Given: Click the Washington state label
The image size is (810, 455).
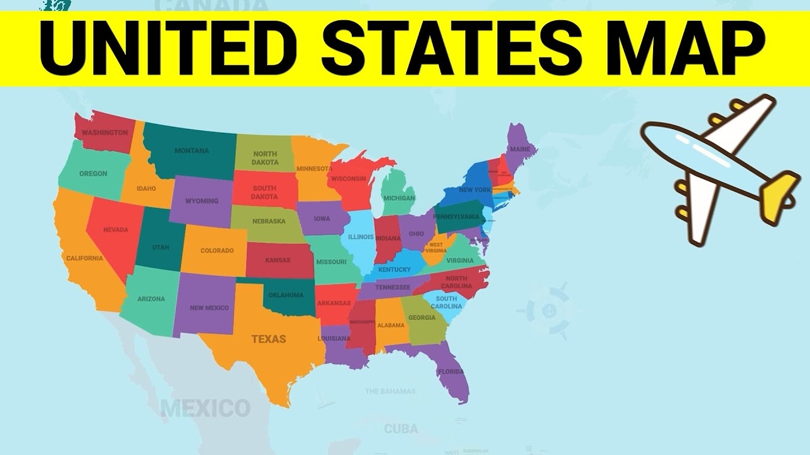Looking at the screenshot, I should pyautogui.click(x=105, y=133).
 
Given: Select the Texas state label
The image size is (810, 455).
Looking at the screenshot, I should pyautogui.click(x=269, y=339).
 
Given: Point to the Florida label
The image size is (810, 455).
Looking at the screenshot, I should pyautogui.click(x=451, y=371).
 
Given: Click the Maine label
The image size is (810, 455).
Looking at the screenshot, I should pyautogui.click(x=520, y=149).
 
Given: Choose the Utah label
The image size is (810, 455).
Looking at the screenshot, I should pyautogui.click(x=161, y=247).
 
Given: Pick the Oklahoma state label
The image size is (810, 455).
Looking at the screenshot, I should pyautogui.click(x=286, y=295).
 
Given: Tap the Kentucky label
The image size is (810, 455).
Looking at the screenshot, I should pyautogui.click(x=395, y=270).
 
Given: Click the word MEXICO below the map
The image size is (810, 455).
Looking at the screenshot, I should pyautogui.click(x=205, y=408).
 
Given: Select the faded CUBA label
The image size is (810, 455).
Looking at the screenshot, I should pyautogui.click(x=401, y=428).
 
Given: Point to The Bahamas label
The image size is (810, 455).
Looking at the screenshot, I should pyautogui.click(x=390, y=391).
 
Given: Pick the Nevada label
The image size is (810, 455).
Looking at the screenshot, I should pyautogui.click(x=115, y=229).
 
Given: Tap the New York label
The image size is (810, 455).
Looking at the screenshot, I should pyautogui.click(x=475, y=190).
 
